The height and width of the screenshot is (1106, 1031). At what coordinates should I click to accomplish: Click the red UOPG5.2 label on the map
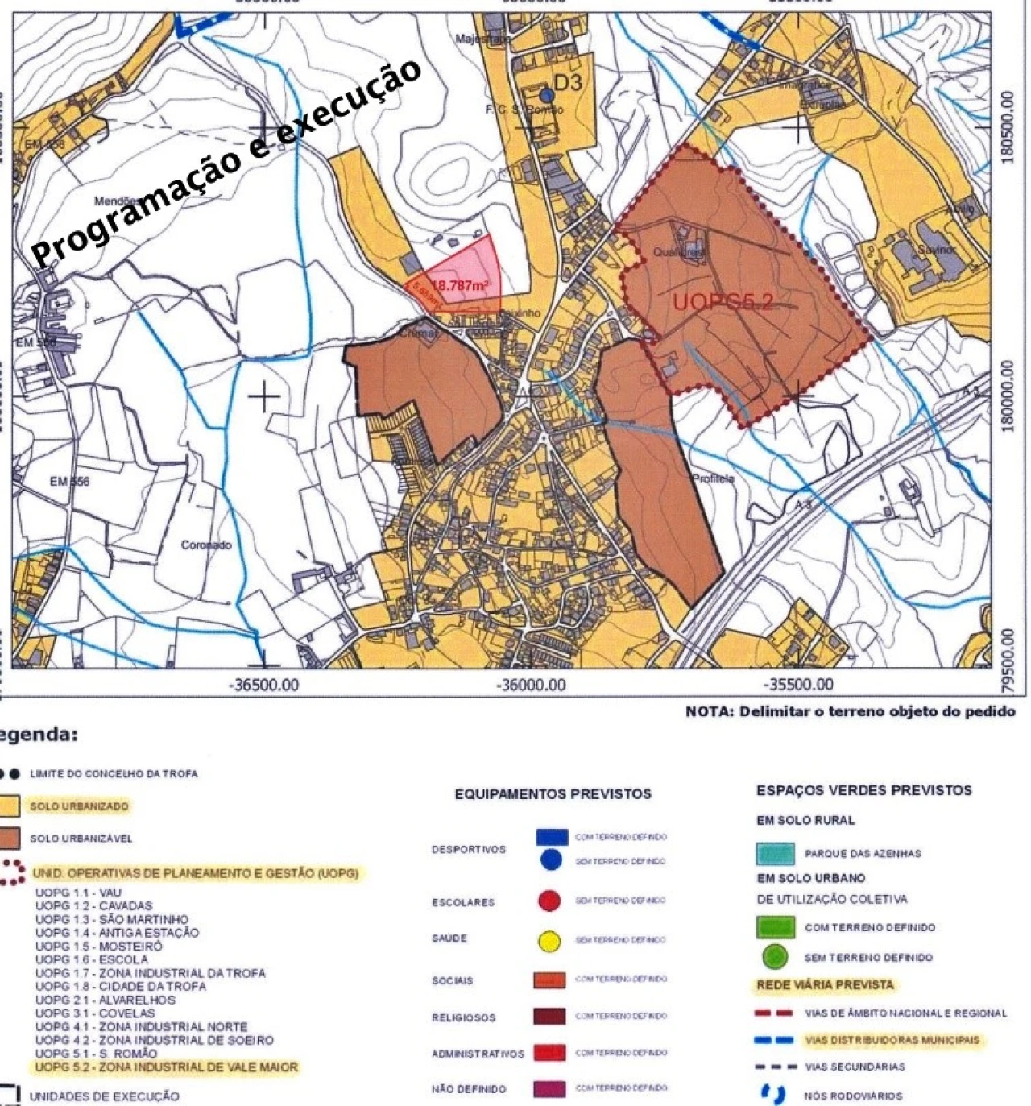click(x=723, y=303)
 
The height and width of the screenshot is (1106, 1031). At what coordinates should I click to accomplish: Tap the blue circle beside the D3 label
click(x=546, y=94)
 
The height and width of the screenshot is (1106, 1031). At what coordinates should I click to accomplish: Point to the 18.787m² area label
click(x=462, y=285)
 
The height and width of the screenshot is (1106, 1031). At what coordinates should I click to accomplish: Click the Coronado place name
click(x=205, y=545)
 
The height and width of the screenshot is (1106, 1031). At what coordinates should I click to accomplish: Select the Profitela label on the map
click(x=713, y=479)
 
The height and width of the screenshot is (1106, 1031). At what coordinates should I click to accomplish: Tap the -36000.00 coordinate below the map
click(x=532, y=686)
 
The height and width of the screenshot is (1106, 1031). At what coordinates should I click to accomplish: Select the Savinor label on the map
click(x=935, y=250)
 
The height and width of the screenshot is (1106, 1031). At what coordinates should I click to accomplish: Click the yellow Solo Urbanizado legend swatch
click(x=10, y=806)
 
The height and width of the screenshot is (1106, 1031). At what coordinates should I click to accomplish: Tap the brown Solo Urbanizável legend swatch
click(x=10, y=839)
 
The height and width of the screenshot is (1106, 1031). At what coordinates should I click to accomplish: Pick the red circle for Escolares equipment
click(x=549, y=901)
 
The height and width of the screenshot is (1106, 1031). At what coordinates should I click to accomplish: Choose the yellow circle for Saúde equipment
click(x=549, y=940)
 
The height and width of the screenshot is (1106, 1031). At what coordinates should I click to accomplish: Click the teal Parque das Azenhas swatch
click(x=774, y=853)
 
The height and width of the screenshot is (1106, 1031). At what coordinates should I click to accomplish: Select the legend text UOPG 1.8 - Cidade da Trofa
click(x=116, y=986)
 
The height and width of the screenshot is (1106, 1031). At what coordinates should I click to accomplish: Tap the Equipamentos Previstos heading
click(x=553, y=794)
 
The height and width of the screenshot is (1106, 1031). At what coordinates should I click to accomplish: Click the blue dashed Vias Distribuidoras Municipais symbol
click(x=774, y=1040)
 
